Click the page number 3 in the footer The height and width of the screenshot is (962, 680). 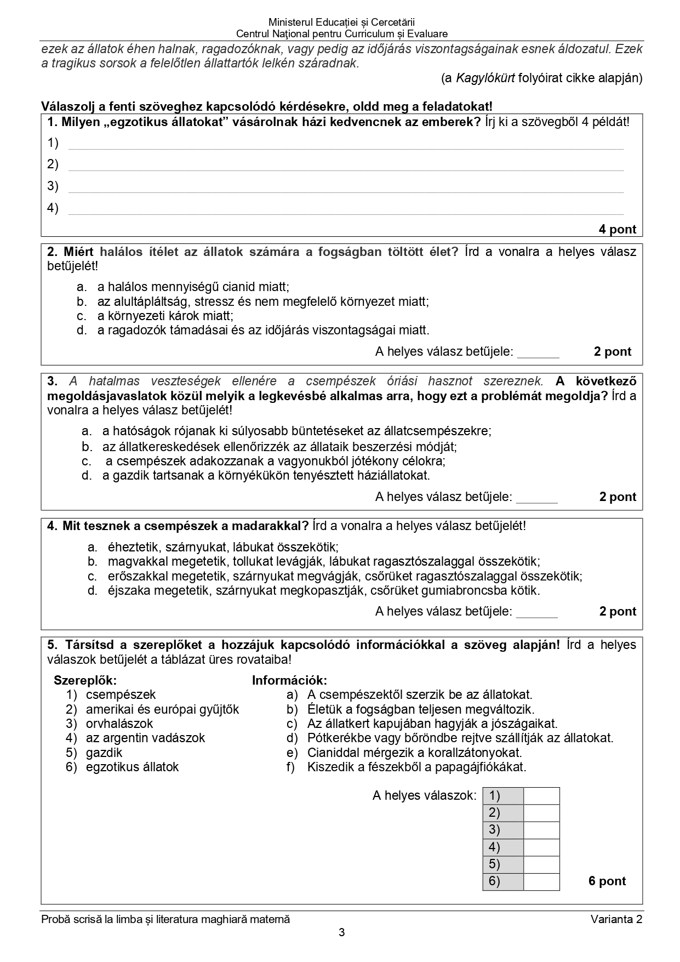(x=341, y=932)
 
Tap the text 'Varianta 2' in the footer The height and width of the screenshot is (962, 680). (x=616, y=919)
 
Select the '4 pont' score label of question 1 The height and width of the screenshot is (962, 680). (x=617, y=229)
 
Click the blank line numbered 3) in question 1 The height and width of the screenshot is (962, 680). (x=345, y=187)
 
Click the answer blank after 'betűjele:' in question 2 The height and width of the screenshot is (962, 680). (x=538, y=352)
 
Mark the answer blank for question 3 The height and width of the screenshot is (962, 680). (x=536, y=498)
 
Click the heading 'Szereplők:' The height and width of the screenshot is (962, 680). (x=85, y=680)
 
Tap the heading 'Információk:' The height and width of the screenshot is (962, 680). (x=289, y=680)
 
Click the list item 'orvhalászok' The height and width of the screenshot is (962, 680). (x=119, y=724)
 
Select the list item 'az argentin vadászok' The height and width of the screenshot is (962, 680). (x=145, y=738)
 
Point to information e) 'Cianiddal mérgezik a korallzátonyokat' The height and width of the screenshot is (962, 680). (x=414, y=753)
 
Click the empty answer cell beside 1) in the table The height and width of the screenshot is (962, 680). (x=541, y=796)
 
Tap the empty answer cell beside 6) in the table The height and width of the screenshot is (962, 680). (x=541, y=882)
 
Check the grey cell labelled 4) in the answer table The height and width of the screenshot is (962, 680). (x=502, y=847)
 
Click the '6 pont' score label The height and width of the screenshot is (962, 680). (x=607, y=881)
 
